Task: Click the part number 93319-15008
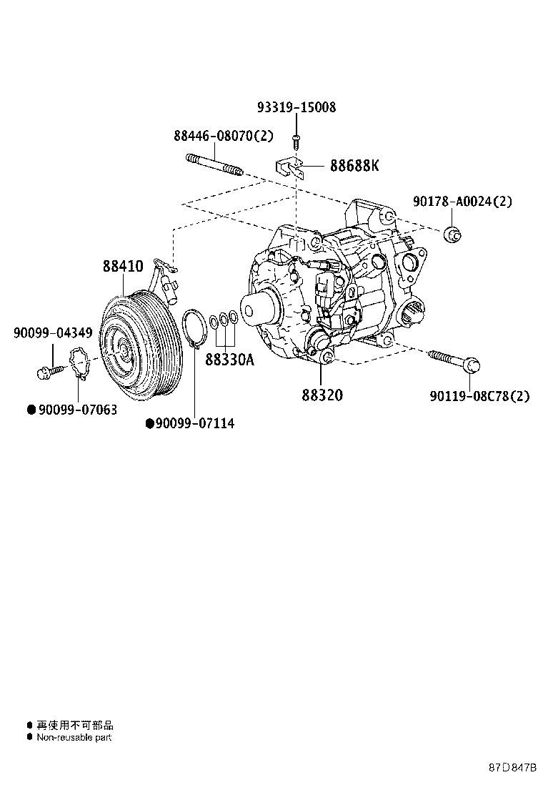click(x=296, y=108)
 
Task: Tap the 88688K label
click(x=354, y=166)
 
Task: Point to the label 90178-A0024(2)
click(x=462, y=202)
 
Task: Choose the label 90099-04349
click(x=52, y=332)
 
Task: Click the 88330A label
click(x=229, y=360)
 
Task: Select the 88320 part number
click(x=322, y=394)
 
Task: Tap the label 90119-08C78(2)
click(x=479, y=396)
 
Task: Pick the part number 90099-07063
click(x=77, y=410)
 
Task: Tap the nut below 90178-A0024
click(x=452, y=233)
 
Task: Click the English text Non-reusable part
click(x=74, y=737)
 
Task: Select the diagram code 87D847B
click(x=512, y=768)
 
